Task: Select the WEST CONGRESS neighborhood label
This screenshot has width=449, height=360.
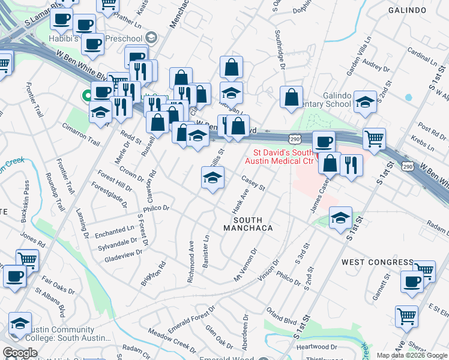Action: [377, 262]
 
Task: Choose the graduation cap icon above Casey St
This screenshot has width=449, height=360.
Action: [212, 178]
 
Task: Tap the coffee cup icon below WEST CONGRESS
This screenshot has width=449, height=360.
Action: [412, 282]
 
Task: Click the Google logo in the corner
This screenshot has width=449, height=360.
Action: [20, 353]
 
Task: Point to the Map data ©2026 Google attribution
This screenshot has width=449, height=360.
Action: [411, 355]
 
